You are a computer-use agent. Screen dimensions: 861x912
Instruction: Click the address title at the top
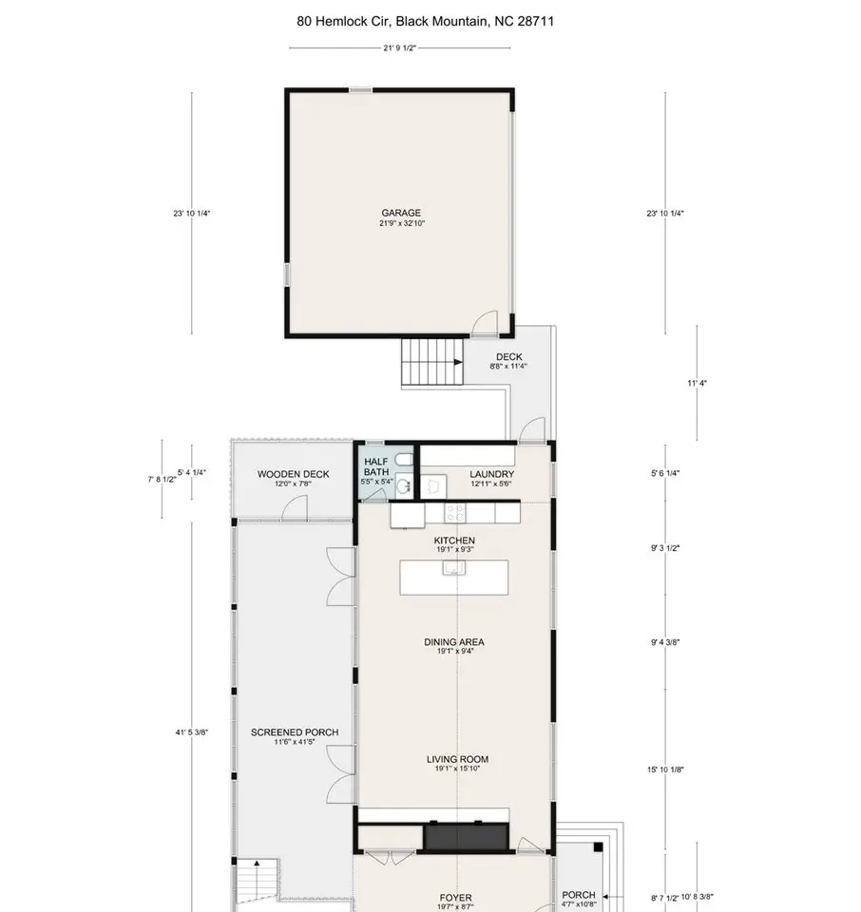(x=425, y=22)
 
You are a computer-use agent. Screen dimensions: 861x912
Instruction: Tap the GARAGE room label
(x=401, y=213)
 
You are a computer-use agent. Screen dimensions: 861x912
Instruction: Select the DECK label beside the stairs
(x=509, y=356)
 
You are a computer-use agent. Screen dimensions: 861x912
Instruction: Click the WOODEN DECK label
(x=294, y=474)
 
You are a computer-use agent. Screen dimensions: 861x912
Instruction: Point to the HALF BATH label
(x=376, y=466)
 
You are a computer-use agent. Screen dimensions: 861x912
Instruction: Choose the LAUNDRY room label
(x=491, y=474)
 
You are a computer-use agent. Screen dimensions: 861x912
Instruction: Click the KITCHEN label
(x=454, y=541)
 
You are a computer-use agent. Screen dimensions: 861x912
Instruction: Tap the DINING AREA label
(x=453, y=642)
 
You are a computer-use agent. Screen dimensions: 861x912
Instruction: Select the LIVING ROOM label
(x=457, y=759)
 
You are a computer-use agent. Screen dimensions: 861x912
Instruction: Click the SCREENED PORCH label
(x=295, y=732)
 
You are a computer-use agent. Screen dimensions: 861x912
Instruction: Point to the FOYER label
(x=455, y=898)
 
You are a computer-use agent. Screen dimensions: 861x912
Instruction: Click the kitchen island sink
(x=453, y=568)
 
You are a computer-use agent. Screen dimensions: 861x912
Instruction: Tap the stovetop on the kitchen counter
(x=455, y=513)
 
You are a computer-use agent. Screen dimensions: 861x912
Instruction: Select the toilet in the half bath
(x=404, y=460)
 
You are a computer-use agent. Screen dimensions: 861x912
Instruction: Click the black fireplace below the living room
(x=466, y=837)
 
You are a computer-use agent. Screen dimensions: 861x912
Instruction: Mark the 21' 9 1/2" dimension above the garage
(x=400, y=47)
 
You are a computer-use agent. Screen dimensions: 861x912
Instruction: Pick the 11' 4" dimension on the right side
(x=697, y=383)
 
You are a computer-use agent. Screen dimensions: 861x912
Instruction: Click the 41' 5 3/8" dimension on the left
(x=191, y=732)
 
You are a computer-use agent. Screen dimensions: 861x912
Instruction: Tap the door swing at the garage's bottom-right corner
(x=486, y=323)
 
